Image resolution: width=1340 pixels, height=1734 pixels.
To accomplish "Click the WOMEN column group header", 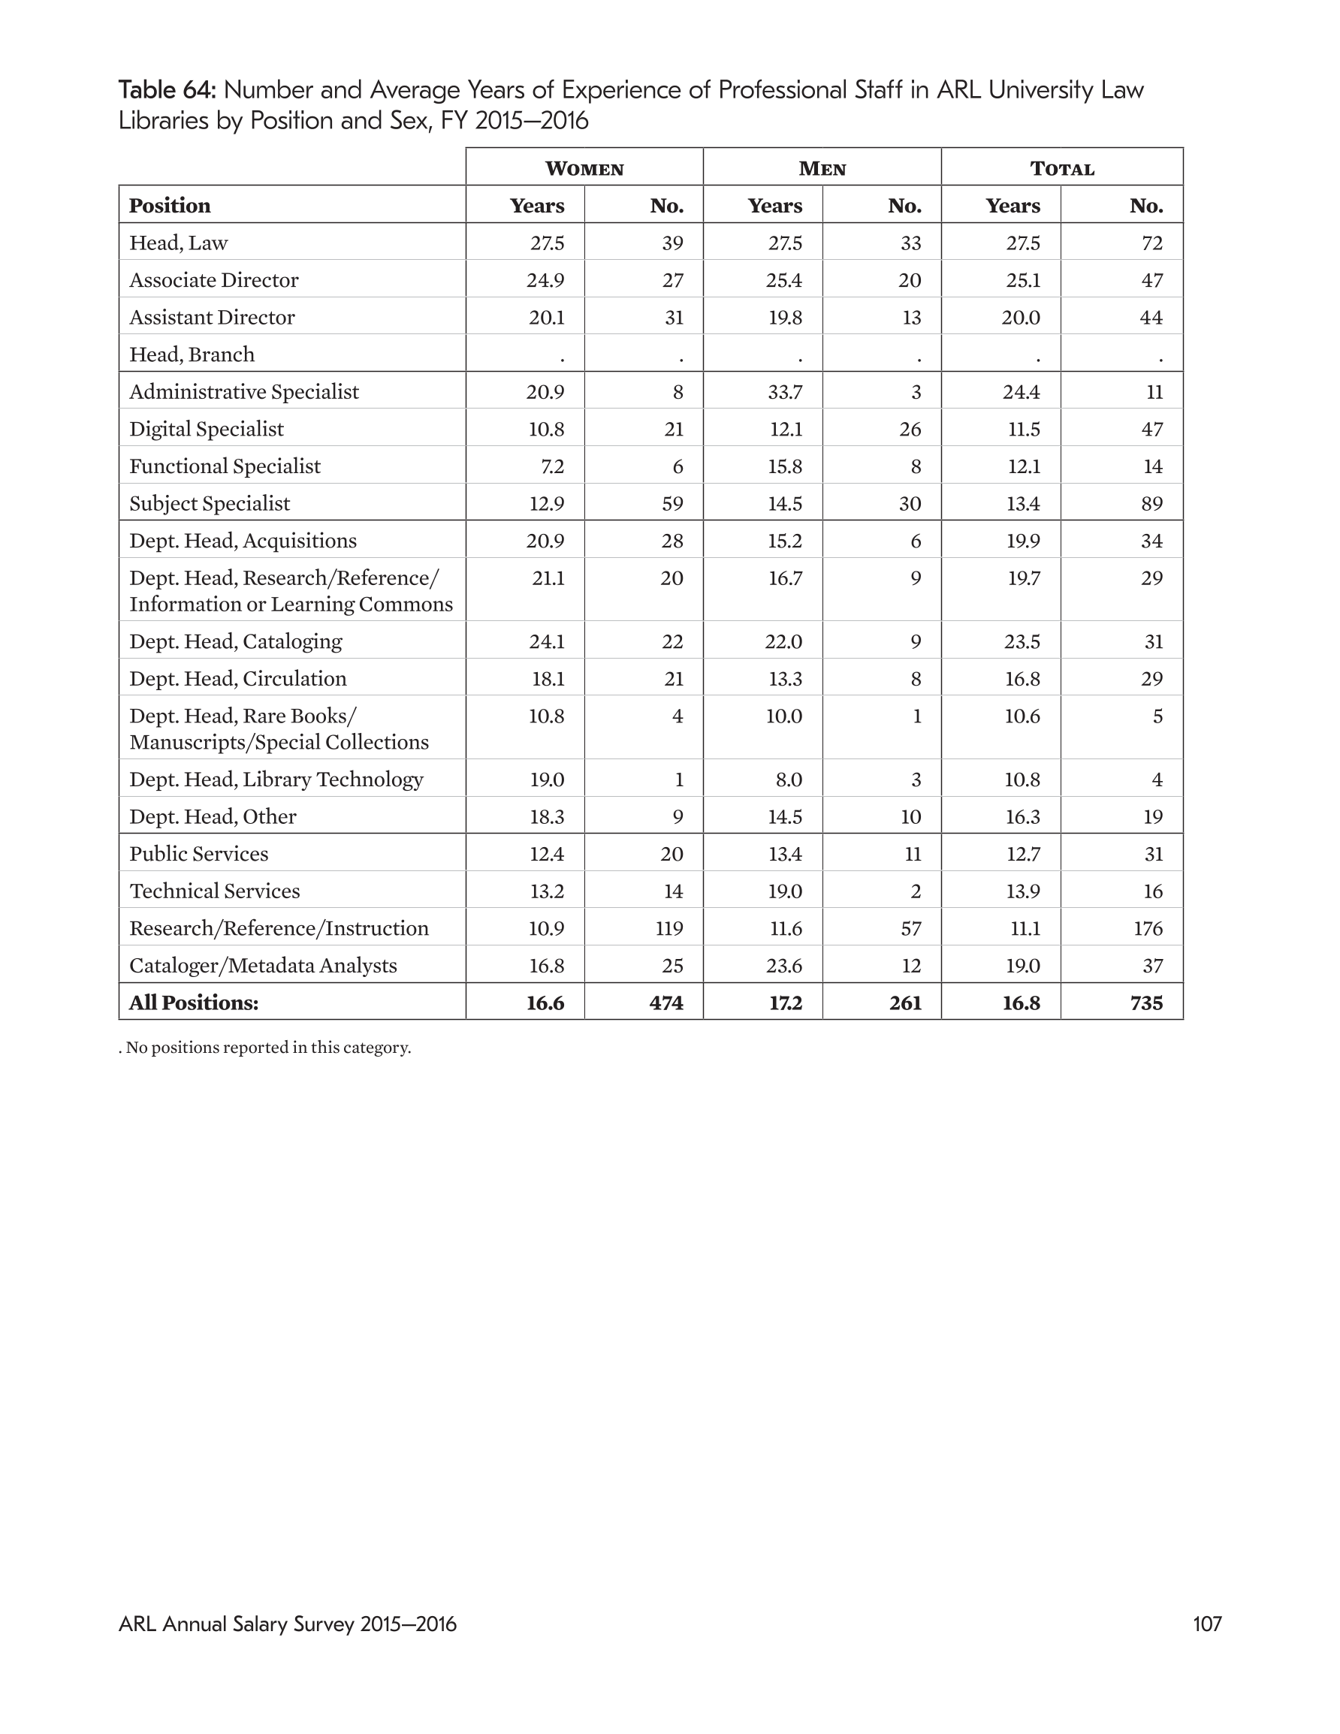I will (x=584, y=168).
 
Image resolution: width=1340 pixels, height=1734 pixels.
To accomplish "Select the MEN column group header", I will (x=822, y=168).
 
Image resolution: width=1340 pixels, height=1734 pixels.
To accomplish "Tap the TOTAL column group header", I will (x=1062, y=168).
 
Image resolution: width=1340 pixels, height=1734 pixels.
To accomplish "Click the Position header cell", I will (x=170, y=206).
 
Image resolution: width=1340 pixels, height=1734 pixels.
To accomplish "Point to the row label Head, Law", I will (x=179, y=243).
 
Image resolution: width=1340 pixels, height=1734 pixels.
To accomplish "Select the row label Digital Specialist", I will (x=207, y=430).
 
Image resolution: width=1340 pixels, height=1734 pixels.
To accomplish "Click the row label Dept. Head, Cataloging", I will (x=236, y=641).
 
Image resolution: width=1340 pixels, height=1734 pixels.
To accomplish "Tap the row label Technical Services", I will (x=215, y=891).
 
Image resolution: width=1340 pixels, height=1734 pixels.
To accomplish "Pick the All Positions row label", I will (x=194, y=1003).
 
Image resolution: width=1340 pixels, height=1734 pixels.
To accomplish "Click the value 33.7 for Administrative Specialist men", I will (x=784, y=392).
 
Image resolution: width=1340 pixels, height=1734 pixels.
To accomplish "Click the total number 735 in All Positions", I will (x=1145, y=1003).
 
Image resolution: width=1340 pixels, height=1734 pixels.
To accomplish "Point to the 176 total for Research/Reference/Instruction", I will (x=1148, y=928).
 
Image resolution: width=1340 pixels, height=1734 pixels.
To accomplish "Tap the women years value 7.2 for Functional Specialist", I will (x=551, y=467).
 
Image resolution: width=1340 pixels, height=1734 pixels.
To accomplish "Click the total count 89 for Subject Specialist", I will (x=1151, y=504).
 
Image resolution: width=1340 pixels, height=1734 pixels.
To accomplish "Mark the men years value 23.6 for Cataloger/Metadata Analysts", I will (x=784, y=966).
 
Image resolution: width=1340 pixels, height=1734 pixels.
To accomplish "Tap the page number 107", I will (x=1206, y=1624).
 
